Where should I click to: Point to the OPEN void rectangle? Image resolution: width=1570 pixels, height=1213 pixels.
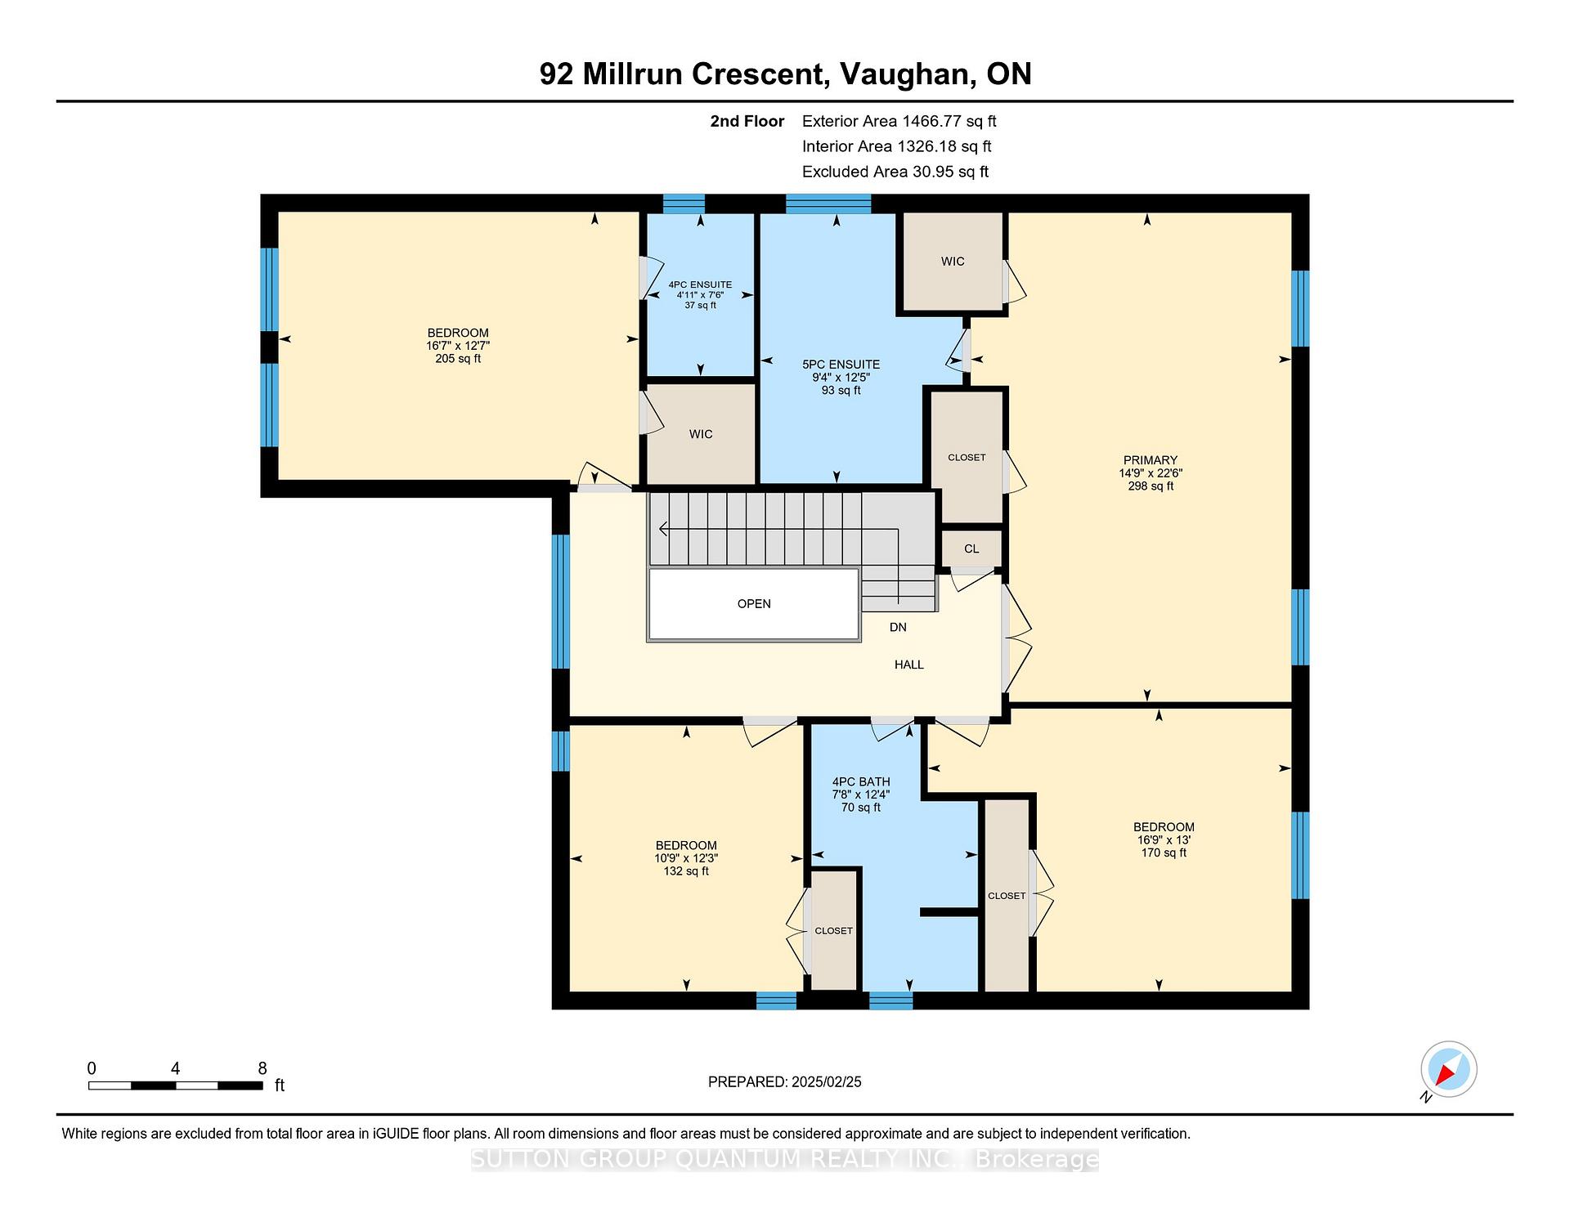[754, 604]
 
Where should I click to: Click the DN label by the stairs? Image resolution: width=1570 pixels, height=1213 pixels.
[898, 627]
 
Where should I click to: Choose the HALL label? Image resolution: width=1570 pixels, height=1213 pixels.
[908, 665]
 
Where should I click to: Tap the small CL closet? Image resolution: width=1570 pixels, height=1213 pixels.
[971, 548]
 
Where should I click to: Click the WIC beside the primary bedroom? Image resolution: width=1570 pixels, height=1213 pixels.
[952, 262]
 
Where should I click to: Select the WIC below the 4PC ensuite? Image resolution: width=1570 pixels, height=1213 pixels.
[701, 434]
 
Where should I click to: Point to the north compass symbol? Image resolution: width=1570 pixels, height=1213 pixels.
[1449, 1070]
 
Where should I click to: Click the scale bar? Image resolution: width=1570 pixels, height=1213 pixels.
[175, 1085]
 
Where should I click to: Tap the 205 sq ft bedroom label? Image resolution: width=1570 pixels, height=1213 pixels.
[458, 346]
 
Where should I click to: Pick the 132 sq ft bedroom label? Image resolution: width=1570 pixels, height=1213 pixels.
[686, 858]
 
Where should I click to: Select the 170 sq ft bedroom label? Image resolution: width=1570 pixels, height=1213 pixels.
[1164, 839]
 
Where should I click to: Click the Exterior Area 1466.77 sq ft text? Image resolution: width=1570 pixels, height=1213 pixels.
[899, 122]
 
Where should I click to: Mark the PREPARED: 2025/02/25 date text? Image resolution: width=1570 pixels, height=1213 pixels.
[785, 1082]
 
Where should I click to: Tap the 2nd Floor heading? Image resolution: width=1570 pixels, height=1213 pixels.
[747, 122]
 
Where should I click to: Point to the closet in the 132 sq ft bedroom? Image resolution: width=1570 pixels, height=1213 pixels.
[833, 931]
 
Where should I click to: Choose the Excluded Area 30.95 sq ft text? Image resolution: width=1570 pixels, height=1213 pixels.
[895, 172]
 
